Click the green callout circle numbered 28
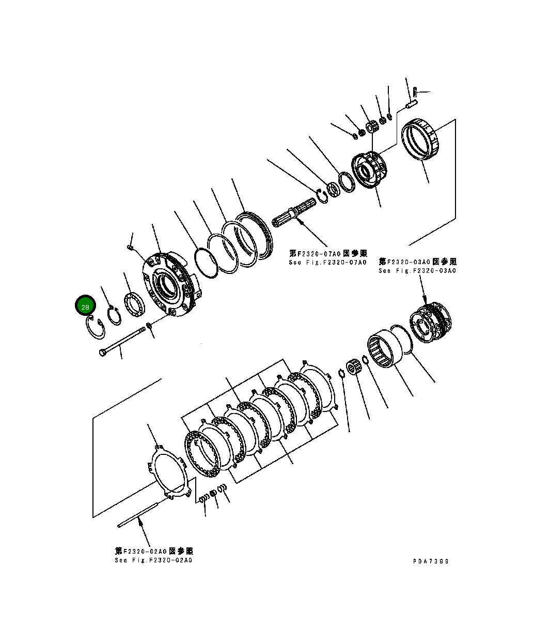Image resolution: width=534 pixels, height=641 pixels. (x=85, y=307)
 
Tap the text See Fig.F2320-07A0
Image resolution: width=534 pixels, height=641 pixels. (x=327, y=263)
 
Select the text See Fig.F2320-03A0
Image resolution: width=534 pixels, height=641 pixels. (x=417, y=271)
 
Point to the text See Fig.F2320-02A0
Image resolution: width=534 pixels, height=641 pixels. (x=153, y=561)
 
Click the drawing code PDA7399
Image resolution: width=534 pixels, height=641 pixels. (x=431, y=561)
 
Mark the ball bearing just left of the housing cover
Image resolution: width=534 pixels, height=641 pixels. (x=135, y=306)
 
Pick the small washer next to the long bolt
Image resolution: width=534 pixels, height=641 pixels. (x=149, y=326)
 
